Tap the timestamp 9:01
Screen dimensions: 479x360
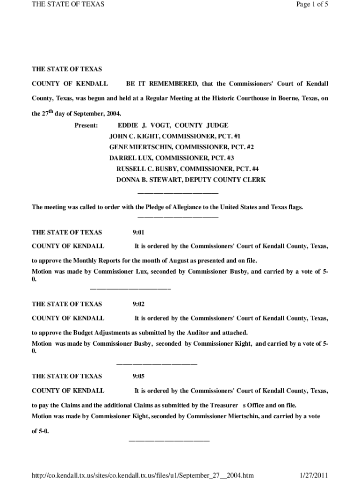[139, 232]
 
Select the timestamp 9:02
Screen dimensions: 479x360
[139, 304]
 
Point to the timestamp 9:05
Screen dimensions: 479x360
[139, 376]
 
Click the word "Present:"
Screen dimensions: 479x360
[86, 125]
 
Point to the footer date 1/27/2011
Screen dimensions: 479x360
[314, 475]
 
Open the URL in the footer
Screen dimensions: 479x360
[143, 475]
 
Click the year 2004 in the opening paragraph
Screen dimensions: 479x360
[113, 114]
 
